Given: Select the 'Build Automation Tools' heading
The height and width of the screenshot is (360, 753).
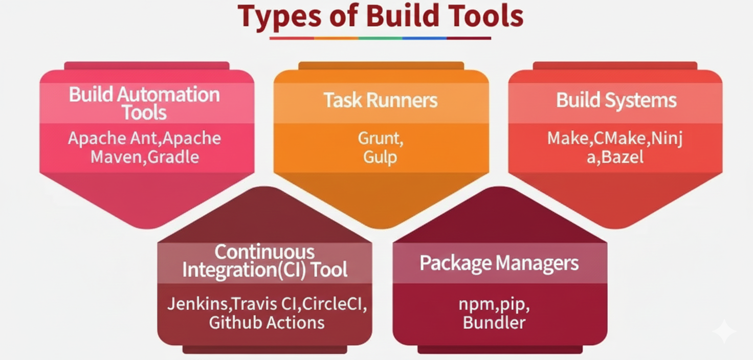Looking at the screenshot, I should pyautogui.click(x=144, y=103).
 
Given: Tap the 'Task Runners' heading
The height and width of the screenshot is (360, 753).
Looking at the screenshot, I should pyautogui.click(x=381, y=100).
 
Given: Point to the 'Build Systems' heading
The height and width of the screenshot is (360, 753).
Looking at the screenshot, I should pyautogui.click(x=616, y=100).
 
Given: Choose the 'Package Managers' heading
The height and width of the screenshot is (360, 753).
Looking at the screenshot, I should pyautogui.click(x=499, y=263).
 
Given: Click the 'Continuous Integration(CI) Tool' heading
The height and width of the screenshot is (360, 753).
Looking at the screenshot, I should pyautogui.click(x=265, y=261).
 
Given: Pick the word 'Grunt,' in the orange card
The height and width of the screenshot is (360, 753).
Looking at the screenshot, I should pyautogui.click(x=380, y=139).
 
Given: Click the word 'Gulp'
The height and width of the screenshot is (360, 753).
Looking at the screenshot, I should pyautogui.click(x=380, y=156).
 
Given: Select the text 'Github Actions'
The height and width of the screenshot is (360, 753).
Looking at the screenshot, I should pyautogui.click(x=267, y=323).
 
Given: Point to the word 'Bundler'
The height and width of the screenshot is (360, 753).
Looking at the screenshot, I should pyautogui.click(x=494, y=323).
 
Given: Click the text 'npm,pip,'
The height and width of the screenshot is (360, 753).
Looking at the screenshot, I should pyautogui.click(x=494, y=304).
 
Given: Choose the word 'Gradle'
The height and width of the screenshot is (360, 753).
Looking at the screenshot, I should pyautogui.click(x=173, y=156).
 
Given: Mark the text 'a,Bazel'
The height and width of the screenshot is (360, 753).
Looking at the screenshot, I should pyautogui.click(x=615, y=156).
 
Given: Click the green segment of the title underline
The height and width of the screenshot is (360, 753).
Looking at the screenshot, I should pyautogui.click(x=380, y=38).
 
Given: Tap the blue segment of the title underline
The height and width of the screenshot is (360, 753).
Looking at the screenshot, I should pyautogui.click(x=425, y=38).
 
